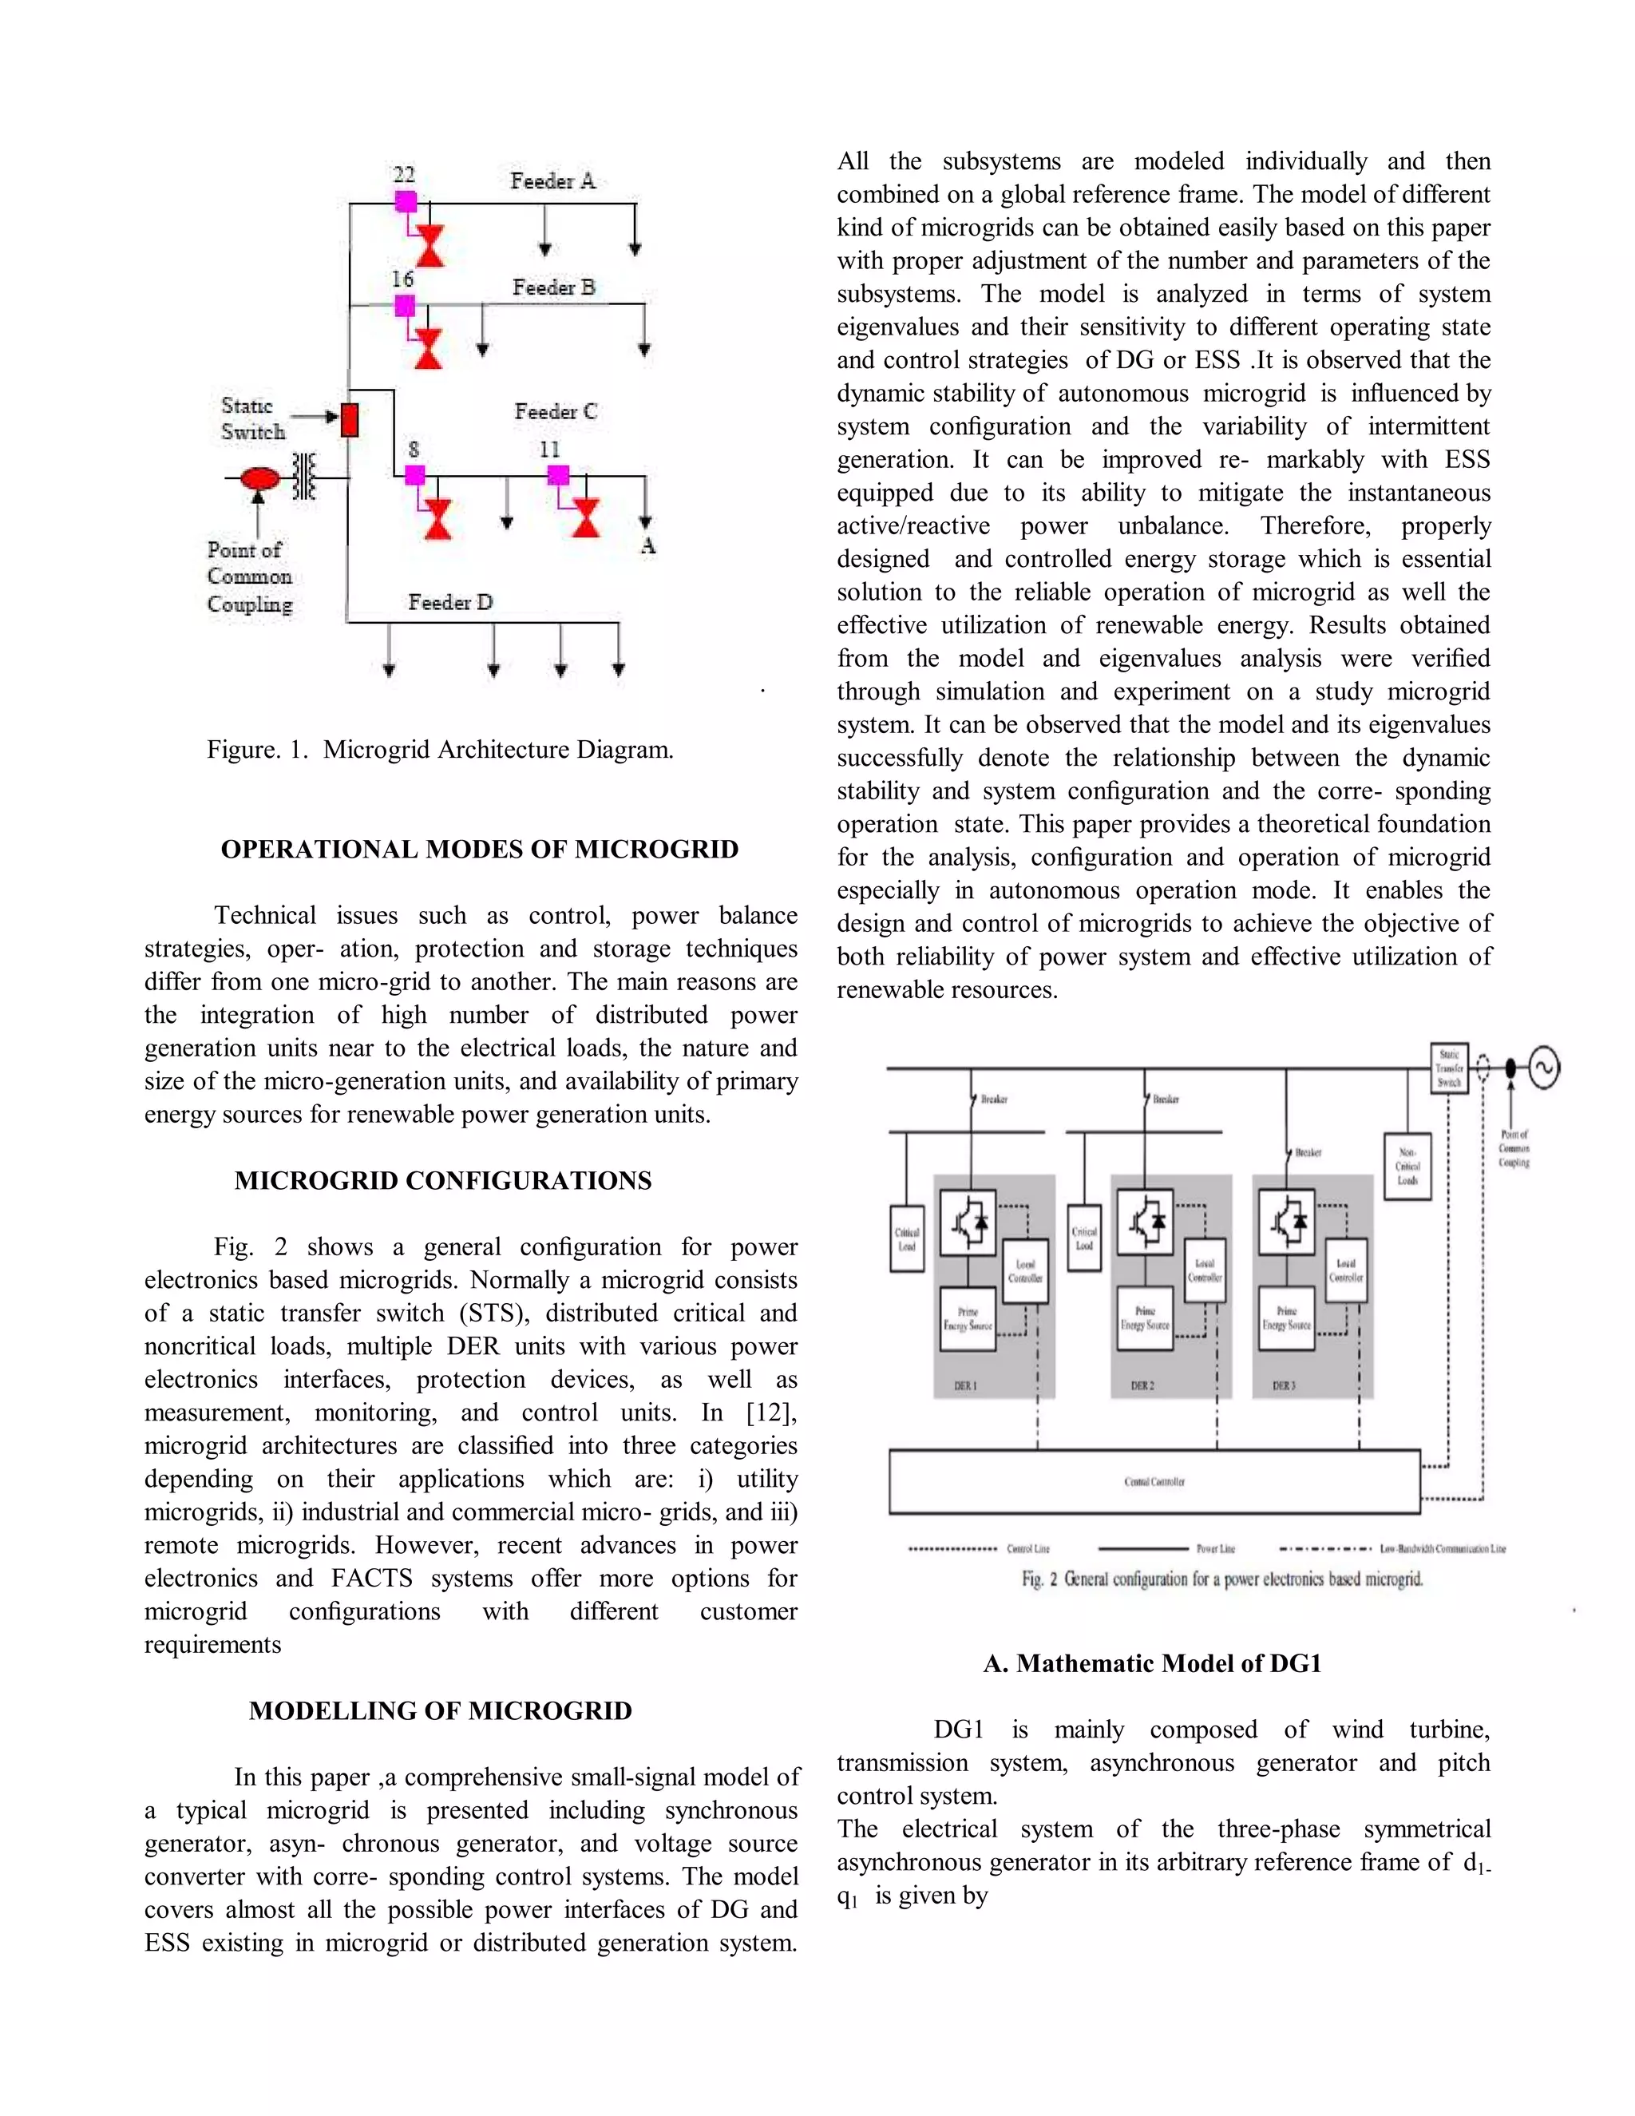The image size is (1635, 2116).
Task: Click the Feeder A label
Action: tap(553, 181)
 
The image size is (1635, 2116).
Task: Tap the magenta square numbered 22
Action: tap(406, 201)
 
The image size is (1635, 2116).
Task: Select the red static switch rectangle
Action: tap(350, 419)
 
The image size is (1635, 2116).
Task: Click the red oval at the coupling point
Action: tap(259, 478)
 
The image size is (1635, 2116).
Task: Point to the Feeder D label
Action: tap(450, 603)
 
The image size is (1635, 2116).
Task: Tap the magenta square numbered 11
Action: tap(558, 475)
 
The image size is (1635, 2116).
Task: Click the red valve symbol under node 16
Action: tap(428, 349)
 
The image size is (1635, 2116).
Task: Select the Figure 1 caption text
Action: tap(440, 749)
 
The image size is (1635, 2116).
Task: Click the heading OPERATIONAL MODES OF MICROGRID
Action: tap(480, 850)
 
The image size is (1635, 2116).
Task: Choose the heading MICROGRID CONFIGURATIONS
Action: tap(442, 1181)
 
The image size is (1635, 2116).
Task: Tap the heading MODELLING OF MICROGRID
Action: tap(440, 1711)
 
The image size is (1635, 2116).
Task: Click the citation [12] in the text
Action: tap(771, 1413)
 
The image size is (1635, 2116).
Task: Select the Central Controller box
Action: tap(1154, 1481)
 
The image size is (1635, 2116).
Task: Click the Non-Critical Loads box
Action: tap(1407, 1167)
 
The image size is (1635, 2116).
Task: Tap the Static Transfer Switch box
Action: tap(1449, 1068)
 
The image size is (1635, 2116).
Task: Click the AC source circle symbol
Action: tap(1543, 1068)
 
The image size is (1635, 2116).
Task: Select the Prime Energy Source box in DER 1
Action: tap(968, 1318)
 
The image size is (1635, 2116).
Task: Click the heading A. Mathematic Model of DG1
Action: tap(1152, 1663)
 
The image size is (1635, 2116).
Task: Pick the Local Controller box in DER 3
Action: tap(1345, 1270)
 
